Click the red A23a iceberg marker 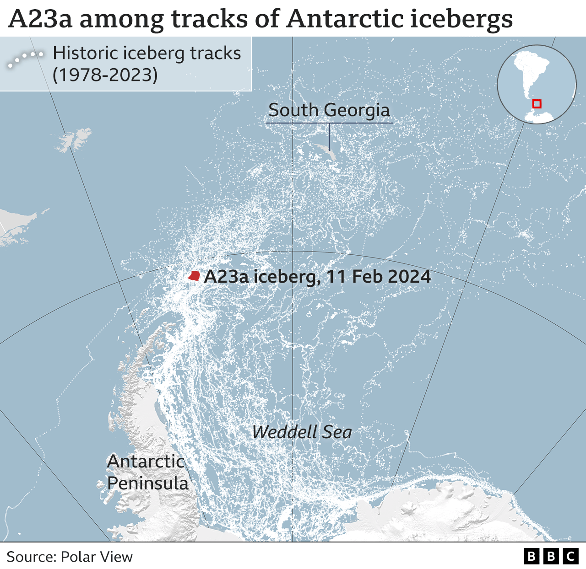coord(195,276)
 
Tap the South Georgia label coord(329,110)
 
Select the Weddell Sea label coord(302,432)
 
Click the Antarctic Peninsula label coord(147,472)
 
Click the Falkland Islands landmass coord(73,140)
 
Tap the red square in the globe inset coord(537,104)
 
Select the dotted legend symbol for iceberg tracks coord(25,59)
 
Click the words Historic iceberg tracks coord(146,54)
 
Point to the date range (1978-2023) coord(105,75)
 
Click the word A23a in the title coord(40,19)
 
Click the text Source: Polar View coord(70,557)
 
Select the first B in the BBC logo coord(532,557)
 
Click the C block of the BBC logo coord(570,557)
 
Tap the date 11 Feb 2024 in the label coord(378,277)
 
